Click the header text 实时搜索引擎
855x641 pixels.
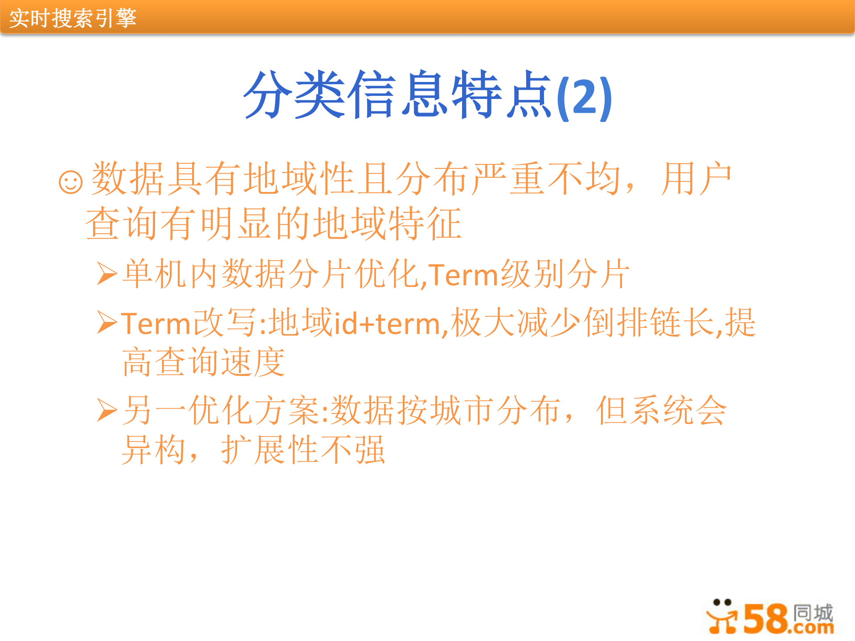click(x=73, y=18)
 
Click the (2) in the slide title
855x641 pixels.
click(x=585, y=97)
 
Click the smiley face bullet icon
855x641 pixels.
click(x=71, y=182)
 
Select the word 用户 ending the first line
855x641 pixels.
click(x=696, y=179)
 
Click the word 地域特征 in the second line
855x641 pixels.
click(x=387, y=224)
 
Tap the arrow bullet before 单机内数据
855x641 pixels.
click(x=107, y=274)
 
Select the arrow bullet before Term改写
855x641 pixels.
click(x=107, y=323)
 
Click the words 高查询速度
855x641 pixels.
click(x=204, y=362)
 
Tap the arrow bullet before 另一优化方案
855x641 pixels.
click(x=107, y=410)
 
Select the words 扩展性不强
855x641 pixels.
click(x=303, y=450)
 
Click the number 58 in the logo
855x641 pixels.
click(x=765, y=619)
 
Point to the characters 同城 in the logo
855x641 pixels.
click(x=813, y=612)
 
